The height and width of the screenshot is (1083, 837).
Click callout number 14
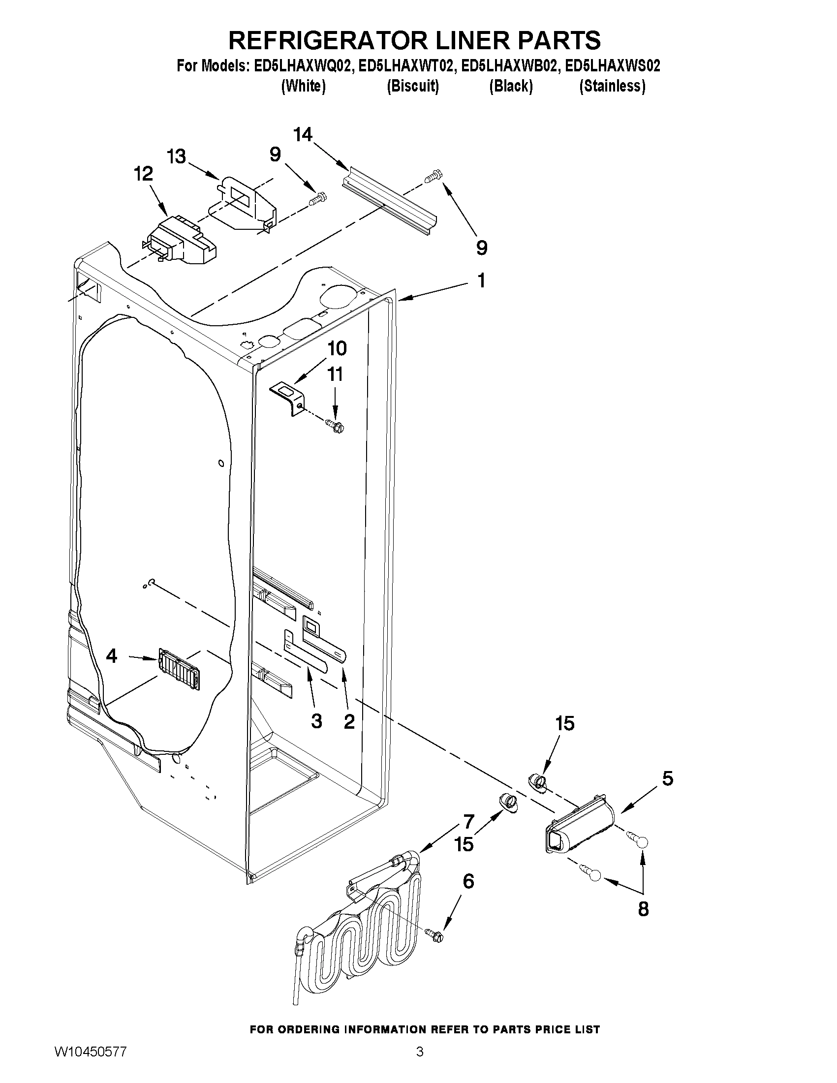pos(303,134)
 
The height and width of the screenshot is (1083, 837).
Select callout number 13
pos(176,156)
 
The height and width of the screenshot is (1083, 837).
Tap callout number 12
pos(143,175)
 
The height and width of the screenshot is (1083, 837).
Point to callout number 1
pos(480,280)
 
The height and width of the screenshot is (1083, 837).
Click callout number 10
pos(337,348)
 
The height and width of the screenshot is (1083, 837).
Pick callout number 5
pos(667,779)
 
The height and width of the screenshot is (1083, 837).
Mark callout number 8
pos(643,909)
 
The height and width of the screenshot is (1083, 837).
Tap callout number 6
pos(468,881)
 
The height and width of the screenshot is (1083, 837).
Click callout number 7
pos(469,822)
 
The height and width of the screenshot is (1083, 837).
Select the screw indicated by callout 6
pos(434,935)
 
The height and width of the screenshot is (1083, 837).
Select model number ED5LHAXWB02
pos(509,66)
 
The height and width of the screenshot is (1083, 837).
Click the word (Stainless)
pos(612,86)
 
